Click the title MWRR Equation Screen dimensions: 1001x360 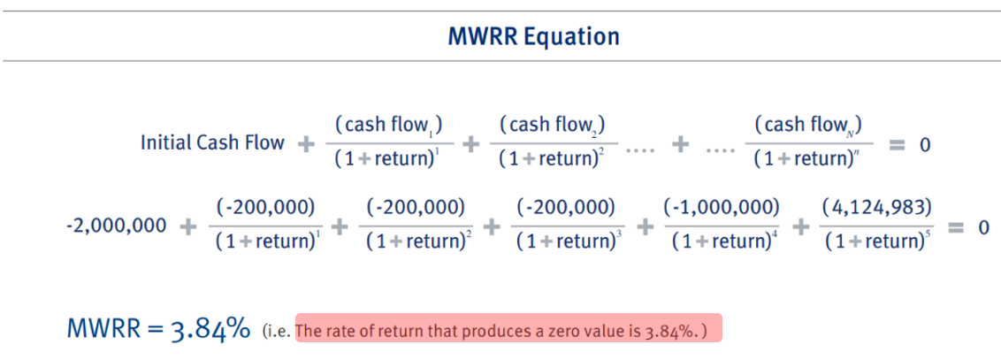pyautogui.click(x=534, y=36)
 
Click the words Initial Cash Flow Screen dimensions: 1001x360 pyautogui.click(x=212, y=142)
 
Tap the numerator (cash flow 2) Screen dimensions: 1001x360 pyautogui.click(x=553, y=126)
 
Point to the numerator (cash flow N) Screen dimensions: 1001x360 pyautogui.click(x=808, y=126)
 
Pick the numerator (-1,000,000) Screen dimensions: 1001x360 pyautogui.click(x=722, y=208)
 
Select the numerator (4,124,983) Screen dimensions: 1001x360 pyautogui.click(x=876, y=208)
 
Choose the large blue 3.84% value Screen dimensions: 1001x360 pyautogui.click(x=210, y=329)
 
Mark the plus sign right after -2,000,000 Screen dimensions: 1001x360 pyautogui.click(x=187, y=226)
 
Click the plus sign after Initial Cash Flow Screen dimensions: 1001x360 pyautogui.click(x=307, y=143)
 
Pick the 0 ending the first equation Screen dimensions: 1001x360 pyautogui.click(x=925, y=144)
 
